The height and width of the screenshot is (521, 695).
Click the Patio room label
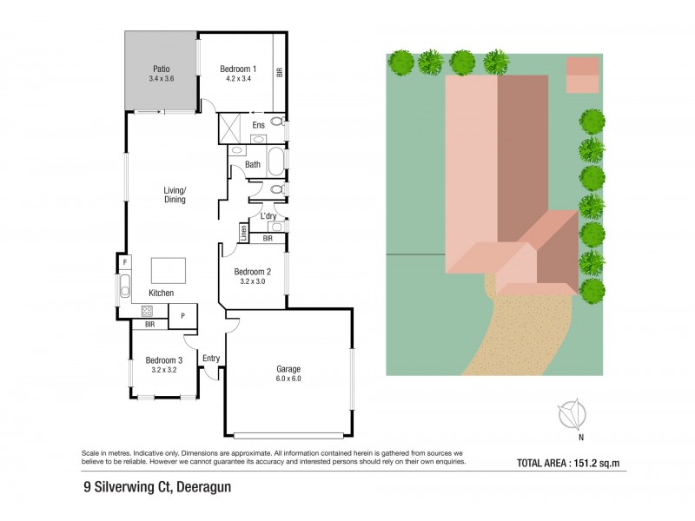tap(161, 69)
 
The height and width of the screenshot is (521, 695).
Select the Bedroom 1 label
tap(237, 69)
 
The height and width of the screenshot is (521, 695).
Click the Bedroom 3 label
tap(163, 359)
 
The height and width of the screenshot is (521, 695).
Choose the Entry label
tap(211, 358)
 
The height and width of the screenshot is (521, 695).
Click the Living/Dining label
tap(175, 195)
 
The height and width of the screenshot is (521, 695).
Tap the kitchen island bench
tap(169, 270)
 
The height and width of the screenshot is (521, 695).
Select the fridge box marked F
tap(125, 261)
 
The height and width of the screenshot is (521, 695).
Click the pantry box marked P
tap(182, 316)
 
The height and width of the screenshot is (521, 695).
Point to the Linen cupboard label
tap(244, 232)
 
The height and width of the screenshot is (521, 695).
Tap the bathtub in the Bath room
tap(274, 162)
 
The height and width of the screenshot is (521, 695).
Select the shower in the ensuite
tap(232, 128)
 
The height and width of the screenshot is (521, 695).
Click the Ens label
tap(258, 126)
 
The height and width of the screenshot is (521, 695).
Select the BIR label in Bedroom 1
tap(279, 72)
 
